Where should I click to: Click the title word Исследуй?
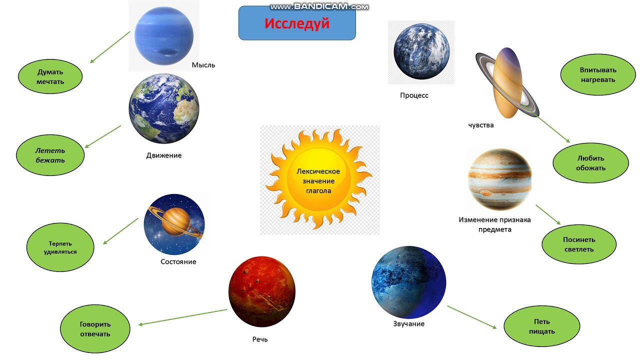297,23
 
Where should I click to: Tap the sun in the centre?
318,179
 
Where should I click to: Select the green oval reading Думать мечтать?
50,76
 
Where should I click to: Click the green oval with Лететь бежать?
50,155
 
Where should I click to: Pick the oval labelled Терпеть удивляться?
60,247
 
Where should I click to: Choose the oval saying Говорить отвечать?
95,329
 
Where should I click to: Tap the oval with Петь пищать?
541,326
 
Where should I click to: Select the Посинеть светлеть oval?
579,244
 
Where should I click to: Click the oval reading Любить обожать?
590,163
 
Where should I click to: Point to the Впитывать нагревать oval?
598,74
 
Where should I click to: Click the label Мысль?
203,65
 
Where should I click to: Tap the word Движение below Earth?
164,155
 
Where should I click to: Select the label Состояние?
178,261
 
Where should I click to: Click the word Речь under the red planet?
260,339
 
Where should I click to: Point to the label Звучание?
409,323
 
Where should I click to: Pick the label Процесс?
414,95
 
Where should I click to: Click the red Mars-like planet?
262,291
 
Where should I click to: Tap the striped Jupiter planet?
499,179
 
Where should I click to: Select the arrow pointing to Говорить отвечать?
183,317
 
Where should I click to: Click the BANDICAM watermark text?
319,6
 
